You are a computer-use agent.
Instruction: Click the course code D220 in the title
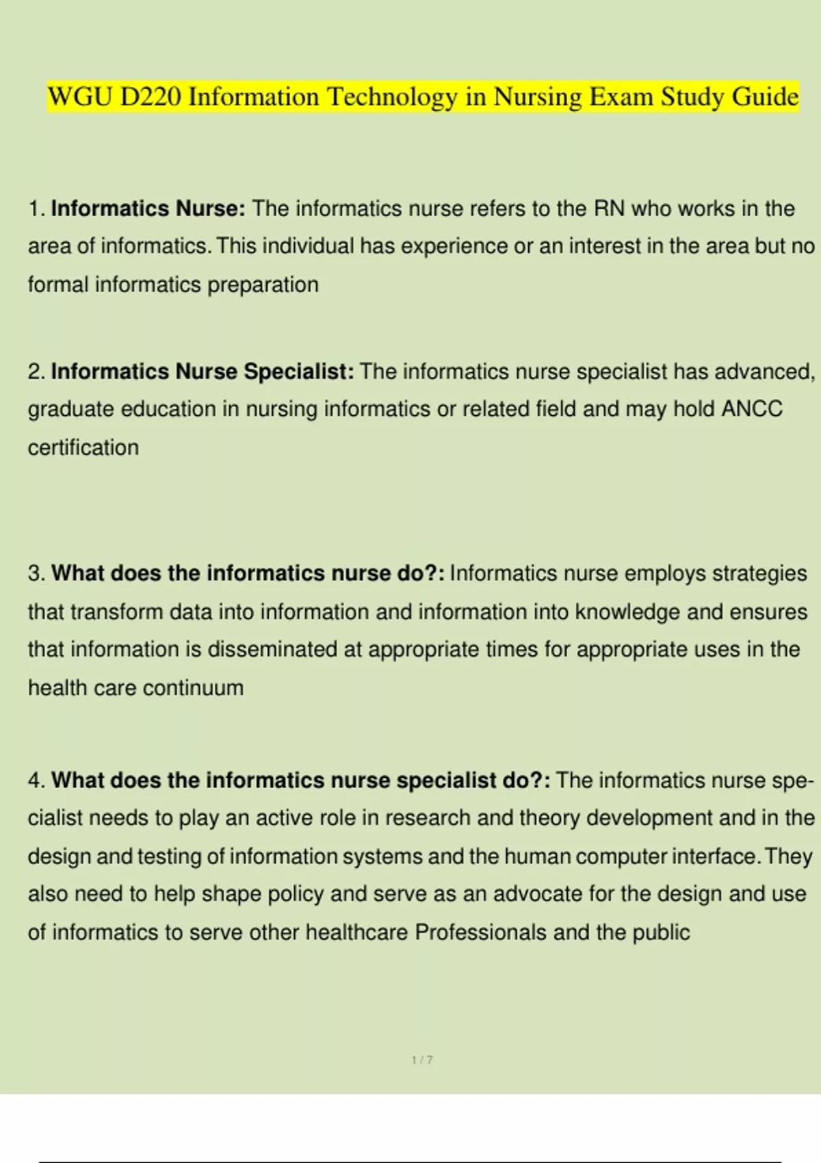151,97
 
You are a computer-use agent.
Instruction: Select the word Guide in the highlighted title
765,97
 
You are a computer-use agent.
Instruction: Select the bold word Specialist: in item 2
299,371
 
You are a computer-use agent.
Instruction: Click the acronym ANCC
752,409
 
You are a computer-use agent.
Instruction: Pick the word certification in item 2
83,447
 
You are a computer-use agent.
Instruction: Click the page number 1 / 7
422,1060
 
